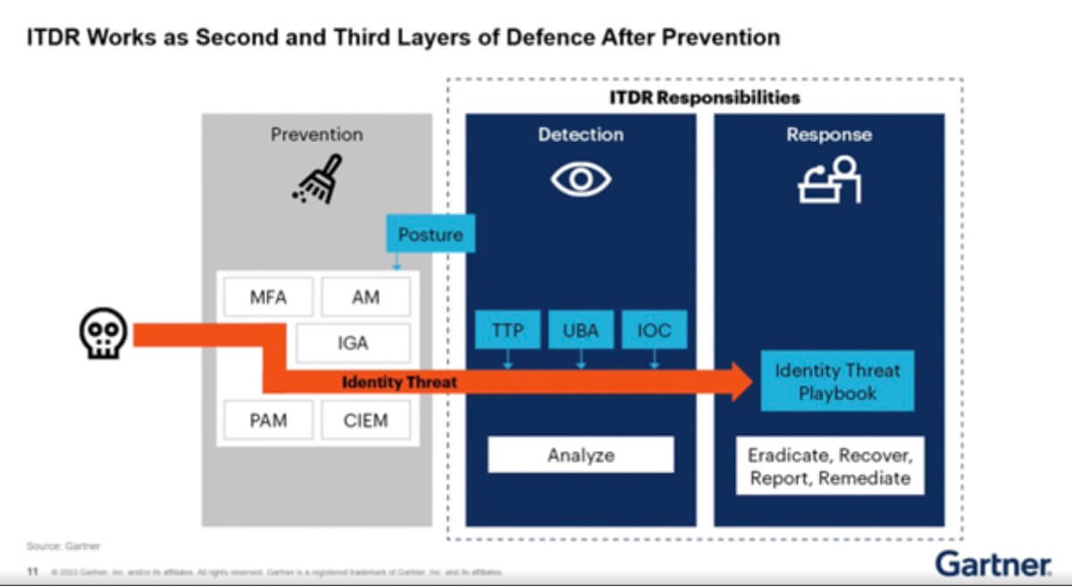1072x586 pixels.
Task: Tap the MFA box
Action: pyautogui.click(x=268, y=297)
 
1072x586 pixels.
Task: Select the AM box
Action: pyautogui.click(x=365, y=297)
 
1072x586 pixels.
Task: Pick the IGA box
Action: pyautogui.click(x=353, y=343)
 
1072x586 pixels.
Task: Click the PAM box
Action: pyautogui.click(x=268, y=419)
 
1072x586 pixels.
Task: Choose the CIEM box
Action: pyautogui.click(x=365, y=419)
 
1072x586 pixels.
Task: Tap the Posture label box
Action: pyautogui.click(x=431, y=235)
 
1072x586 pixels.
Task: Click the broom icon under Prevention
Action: pyautogui.click(x=317, y=180)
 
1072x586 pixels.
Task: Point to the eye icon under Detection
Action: pyautogui.click(x=581, y=180)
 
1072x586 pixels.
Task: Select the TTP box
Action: pyautogui.click(x=507, y=332)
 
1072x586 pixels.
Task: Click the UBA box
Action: pyautogui.click(x=581, y=332)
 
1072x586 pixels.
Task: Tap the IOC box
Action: pyautogui.click(x=654, y=332)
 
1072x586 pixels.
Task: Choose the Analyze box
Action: pyautogui.click(x=581, y=455)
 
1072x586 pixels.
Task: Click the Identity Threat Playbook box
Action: pyautogui.click(x=837, y=381)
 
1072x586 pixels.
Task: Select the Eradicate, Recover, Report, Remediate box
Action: pyautogui.click(x=830, y=466)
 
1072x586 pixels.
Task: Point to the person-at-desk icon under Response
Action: pyautogui.click(x=828, y=180)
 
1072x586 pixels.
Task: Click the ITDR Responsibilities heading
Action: pyautogui.click(x=705, y=96)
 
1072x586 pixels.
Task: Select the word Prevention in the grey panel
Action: pyautogui.click(x=316, y=135)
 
